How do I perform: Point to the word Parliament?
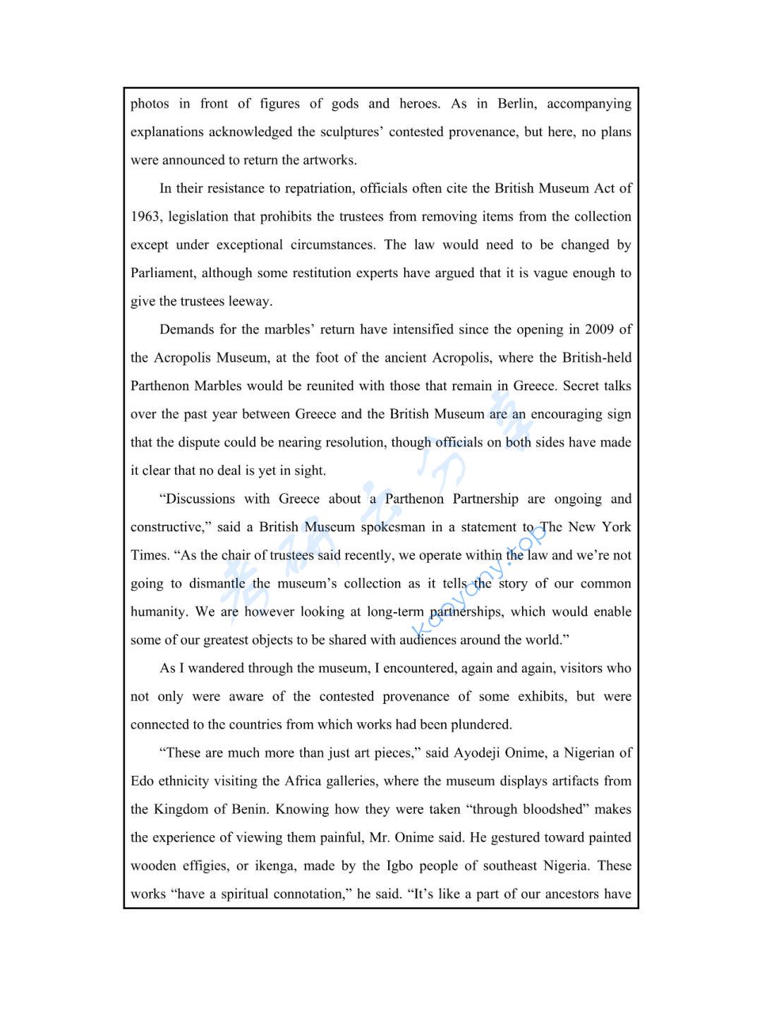[162, 273]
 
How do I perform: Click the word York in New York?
[617, 527]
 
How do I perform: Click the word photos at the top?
[150, 104]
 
